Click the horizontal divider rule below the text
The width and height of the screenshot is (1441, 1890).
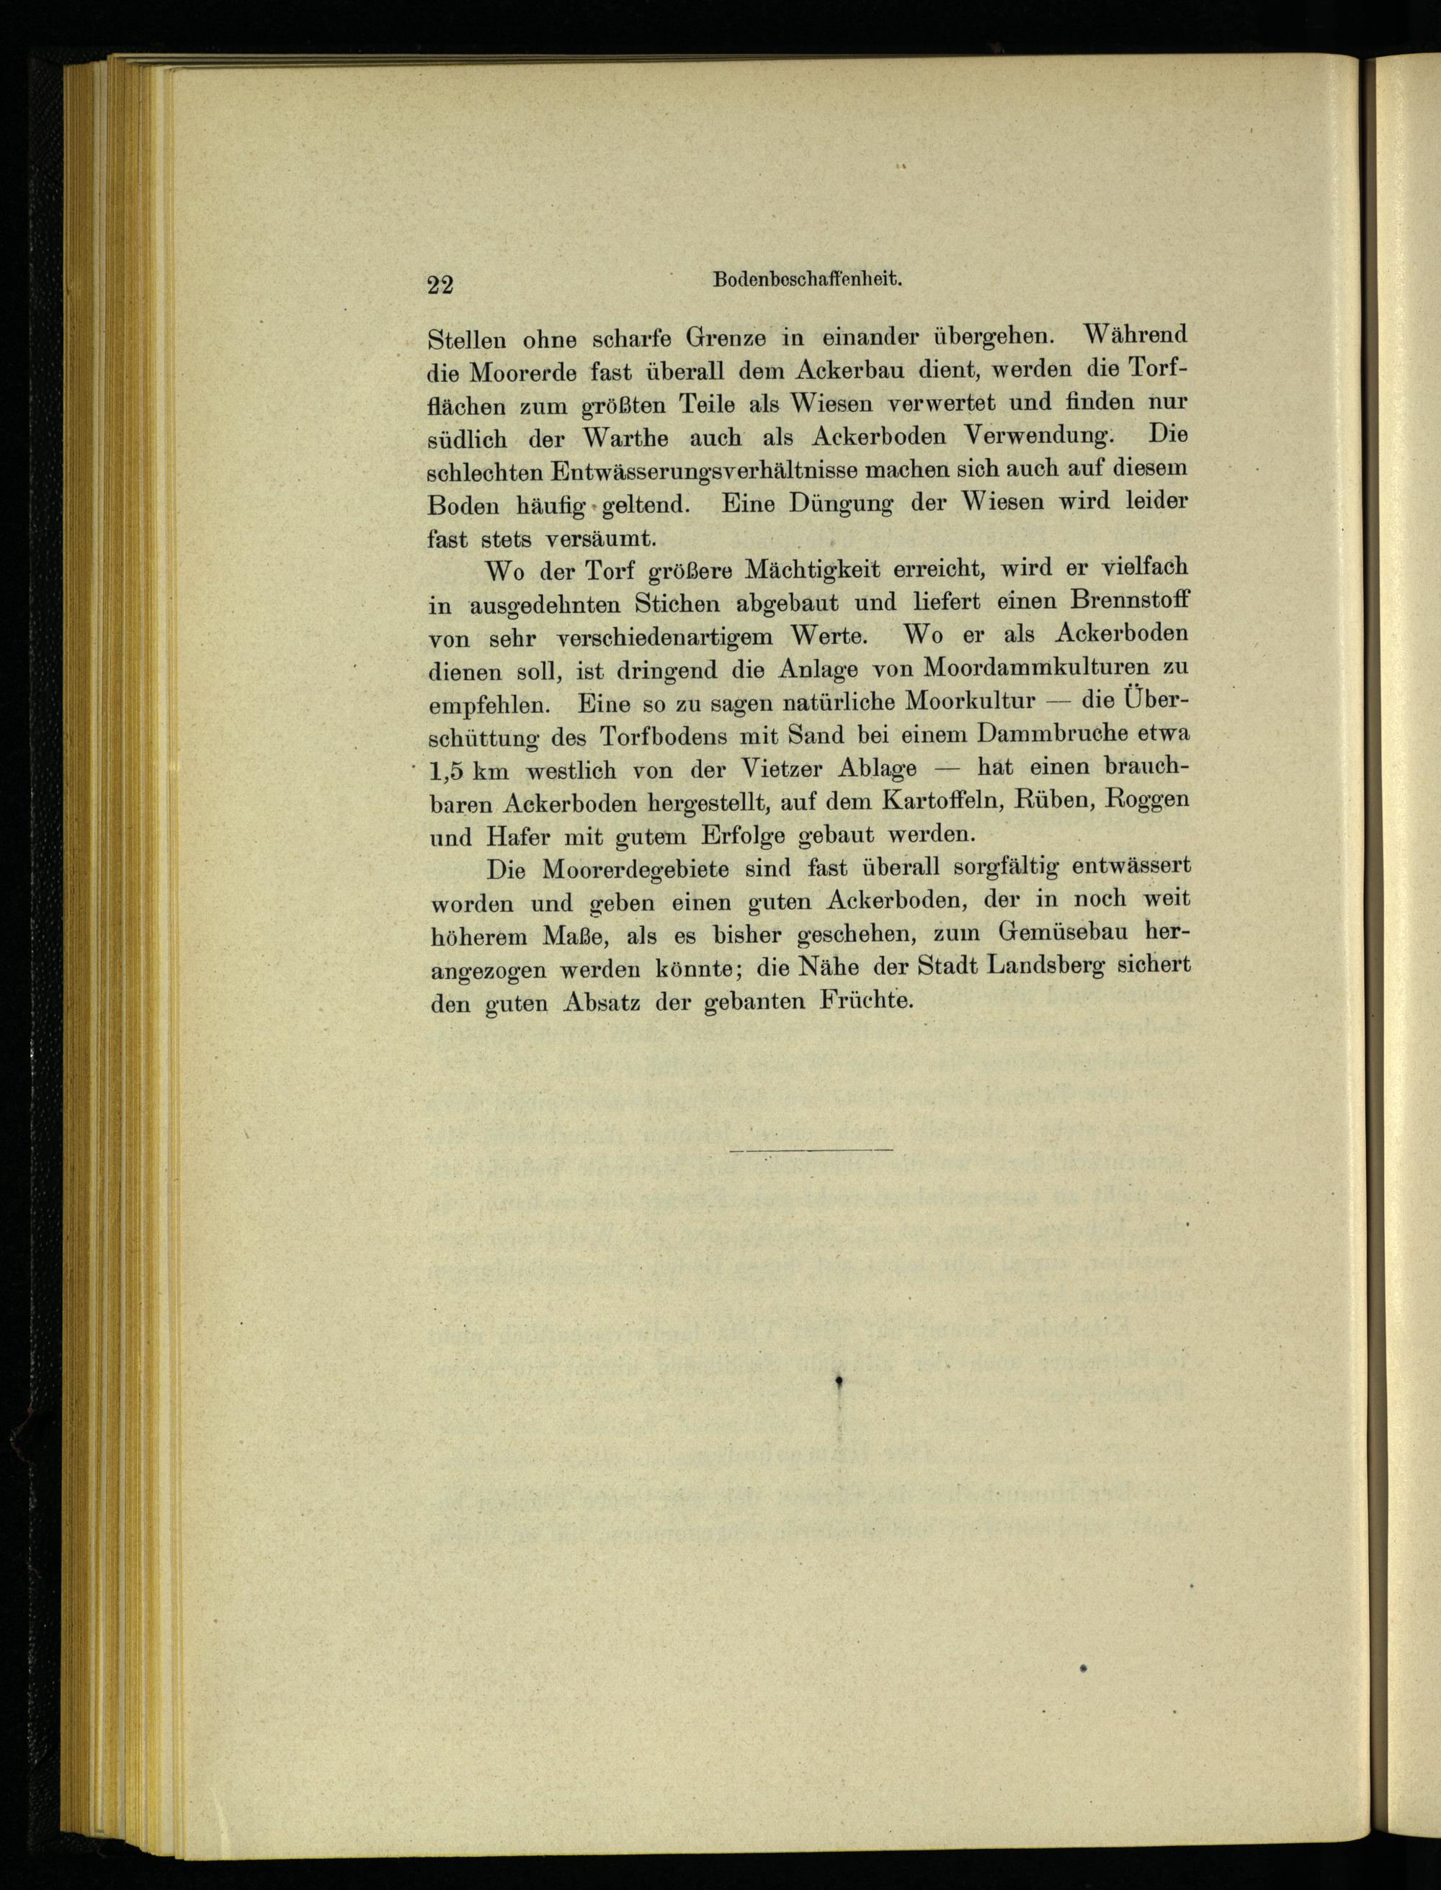pyautogui.click(x=811, y=1148)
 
